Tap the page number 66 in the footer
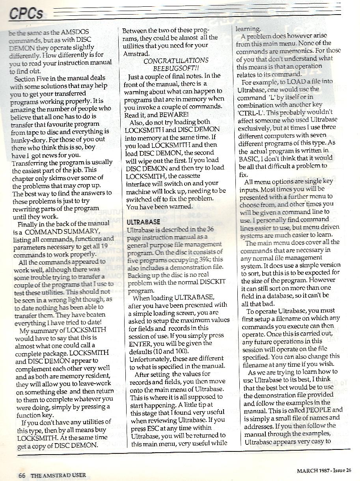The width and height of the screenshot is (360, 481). (22, 475)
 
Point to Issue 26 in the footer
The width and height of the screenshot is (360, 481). (341, 470)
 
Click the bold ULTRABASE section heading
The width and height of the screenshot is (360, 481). (144, 222)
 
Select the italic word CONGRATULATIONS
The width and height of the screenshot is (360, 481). (176, 61)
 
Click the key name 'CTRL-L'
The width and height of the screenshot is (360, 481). (253, 112)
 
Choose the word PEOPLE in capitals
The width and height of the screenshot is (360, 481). (318, 410)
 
